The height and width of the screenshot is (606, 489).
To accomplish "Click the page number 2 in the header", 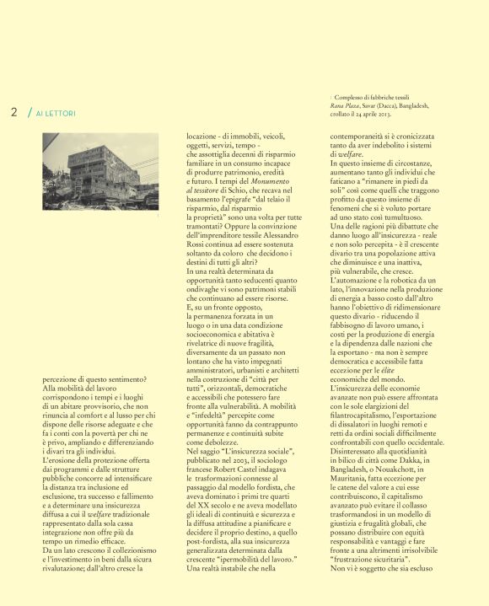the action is point(14,112).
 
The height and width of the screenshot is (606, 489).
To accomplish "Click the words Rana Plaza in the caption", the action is point(345,105).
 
